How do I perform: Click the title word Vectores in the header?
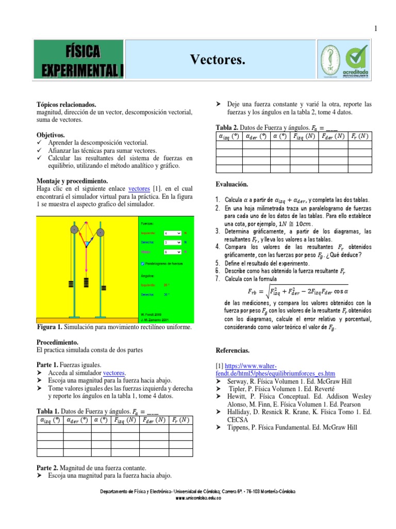[217, 60]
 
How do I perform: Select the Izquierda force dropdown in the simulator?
[171, 233]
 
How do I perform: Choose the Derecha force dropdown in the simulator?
[171, 242]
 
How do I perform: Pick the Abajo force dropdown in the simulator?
[171, 252]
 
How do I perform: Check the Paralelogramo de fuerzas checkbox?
[143, 263]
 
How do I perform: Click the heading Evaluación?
[232, 184]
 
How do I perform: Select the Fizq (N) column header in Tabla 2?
[303, 136]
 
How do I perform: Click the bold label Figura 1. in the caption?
[50, 328]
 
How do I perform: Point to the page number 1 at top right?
[376, 28]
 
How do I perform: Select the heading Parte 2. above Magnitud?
[48, 468]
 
